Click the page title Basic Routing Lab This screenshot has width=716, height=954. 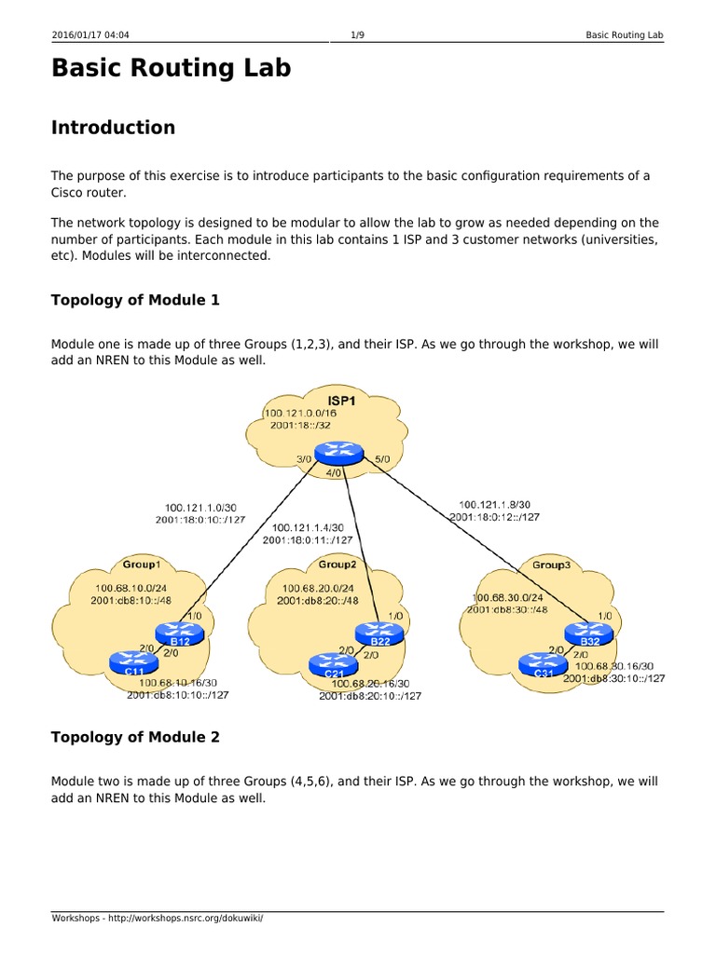pos(171,68)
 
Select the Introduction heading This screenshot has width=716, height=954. pos(113,128)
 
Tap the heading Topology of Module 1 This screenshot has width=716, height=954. pos(135,300)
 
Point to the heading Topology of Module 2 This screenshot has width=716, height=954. pos(135,737)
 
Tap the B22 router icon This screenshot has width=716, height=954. pos(379,634)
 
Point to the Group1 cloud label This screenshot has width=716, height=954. pos(142,564)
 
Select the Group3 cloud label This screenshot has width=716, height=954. pos(550,565)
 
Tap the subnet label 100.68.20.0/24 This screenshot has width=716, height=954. pos(317,588)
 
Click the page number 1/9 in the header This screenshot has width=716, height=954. pos(357,35)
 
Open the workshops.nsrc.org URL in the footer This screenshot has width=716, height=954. pos(177,918)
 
